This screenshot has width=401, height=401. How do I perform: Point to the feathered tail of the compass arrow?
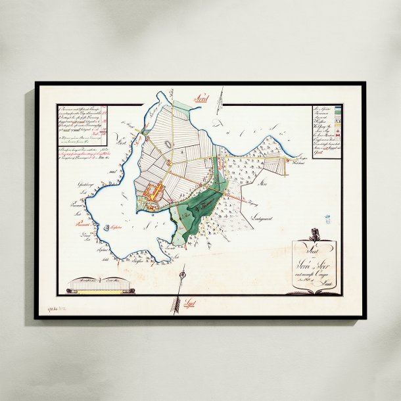(191, 302)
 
